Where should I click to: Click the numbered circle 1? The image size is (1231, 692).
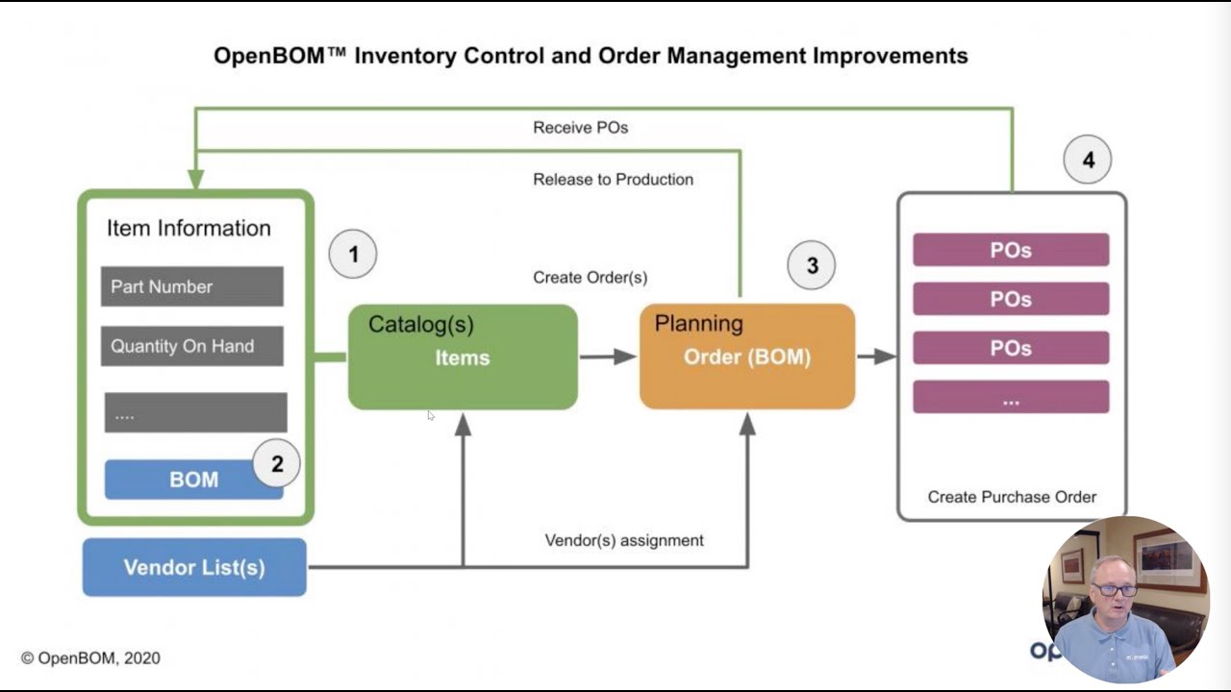pyautogui.click(x=353, y=255)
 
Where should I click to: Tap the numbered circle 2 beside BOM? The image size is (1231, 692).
pyautogui.click(x=277, y=464)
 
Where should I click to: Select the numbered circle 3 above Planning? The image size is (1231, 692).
pyautogui.click(x=812, y=265)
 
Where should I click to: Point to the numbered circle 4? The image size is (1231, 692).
pyautogui.click(x=1088, y=161)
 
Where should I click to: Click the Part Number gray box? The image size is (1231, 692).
pyautogui.click(x=192, y=286)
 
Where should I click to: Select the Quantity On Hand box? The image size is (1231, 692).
pyautogui.click(x=192, y=346)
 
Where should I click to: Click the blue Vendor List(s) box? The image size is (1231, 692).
pyautogui.click(x=194, y=567)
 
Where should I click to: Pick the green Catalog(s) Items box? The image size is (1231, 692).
pyautogui.click(x=463, y=358)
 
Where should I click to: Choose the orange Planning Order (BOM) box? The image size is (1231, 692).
pyautogui.click(x=747, y=358)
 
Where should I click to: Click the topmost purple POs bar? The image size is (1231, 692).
pyautogui.click(x=1011, y=250)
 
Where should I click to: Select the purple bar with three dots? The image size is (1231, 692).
pyautogui.click(x=1011, y=397)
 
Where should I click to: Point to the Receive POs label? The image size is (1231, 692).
pyautogui.click(x=581, y=128)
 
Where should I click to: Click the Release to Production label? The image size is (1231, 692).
pyautogui.click(x=613, y=180)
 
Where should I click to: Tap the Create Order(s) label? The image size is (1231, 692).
pyautogui.click(x=590, y=278)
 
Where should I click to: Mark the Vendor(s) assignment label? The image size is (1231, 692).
pyautogui.click(x=624, y=540)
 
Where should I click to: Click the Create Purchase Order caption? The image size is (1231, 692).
pyautogui.click(x=1012, y=497)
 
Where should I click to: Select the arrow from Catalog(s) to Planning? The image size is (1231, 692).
pyautogui.click(x=608, y=358)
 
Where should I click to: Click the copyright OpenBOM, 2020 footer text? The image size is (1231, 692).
pyautogui.click(x=90, y=658)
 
